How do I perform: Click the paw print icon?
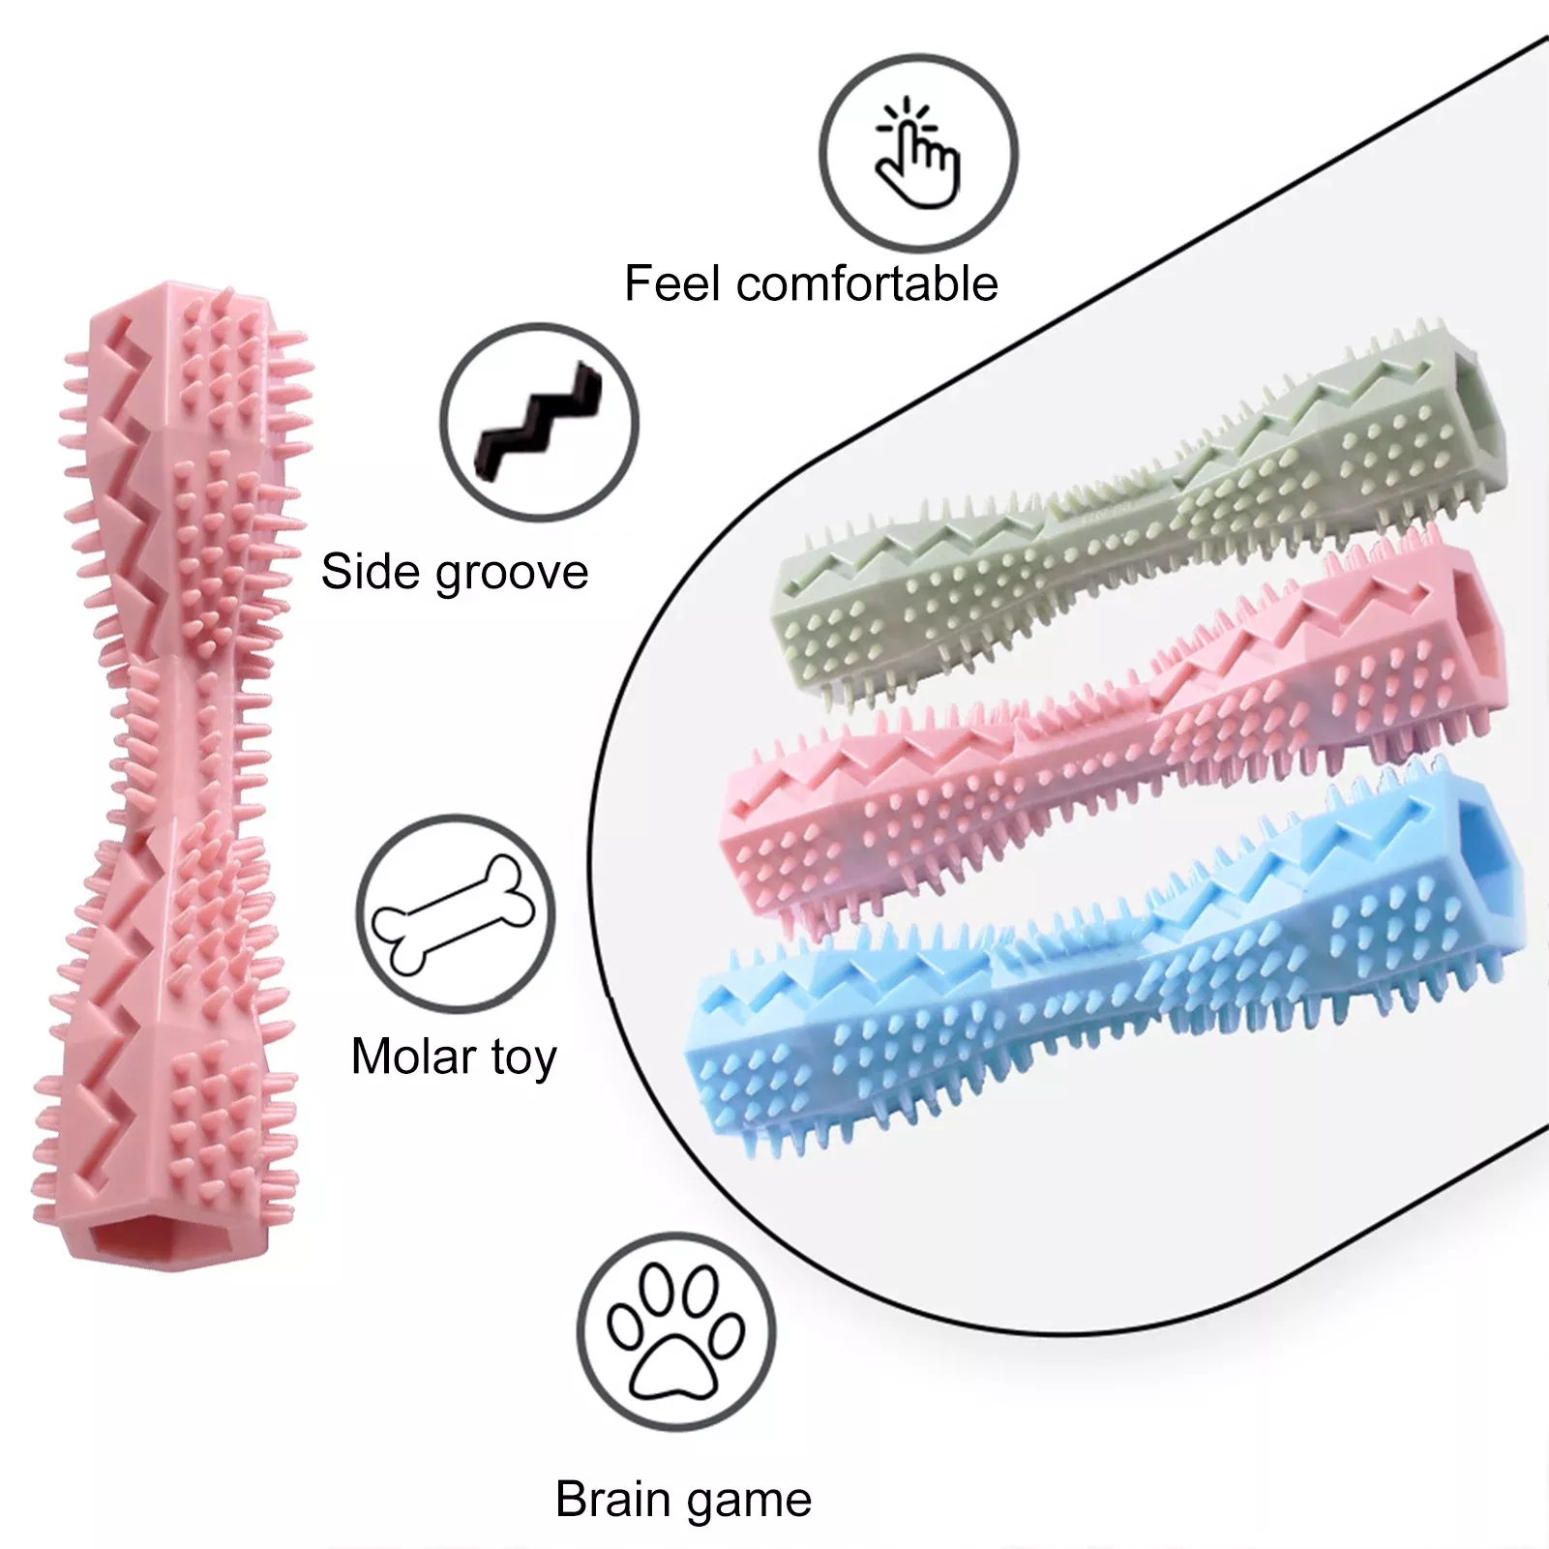tap(676, 1332)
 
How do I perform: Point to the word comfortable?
tap(867, 283)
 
